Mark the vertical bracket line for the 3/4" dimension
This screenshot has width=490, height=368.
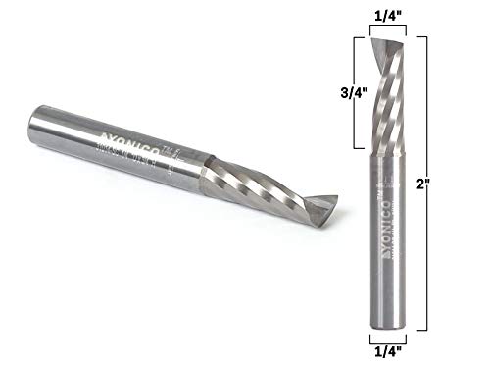click(354, 93)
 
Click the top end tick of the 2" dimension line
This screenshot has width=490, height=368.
click(418, 36)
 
